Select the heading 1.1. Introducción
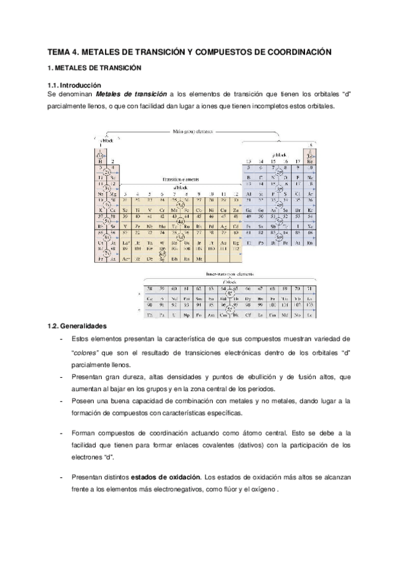[74, 86]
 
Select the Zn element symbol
[235, 210]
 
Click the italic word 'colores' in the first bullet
[85, 352]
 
